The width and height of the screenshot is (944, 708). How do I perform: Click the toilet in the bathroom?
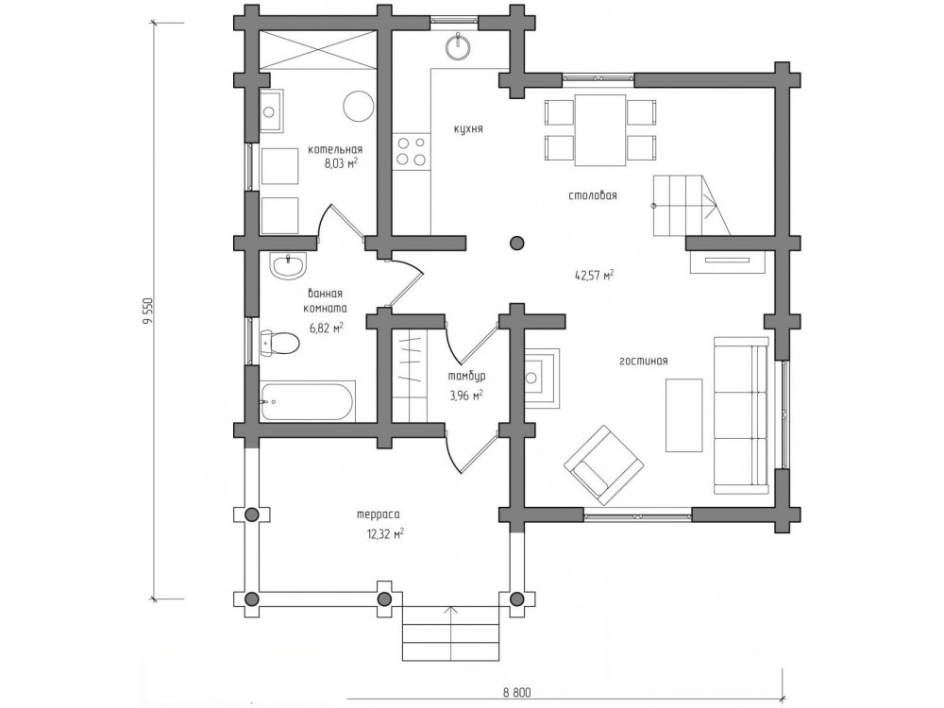279,344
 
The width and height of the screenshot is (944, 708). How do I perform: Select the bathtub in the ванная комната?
307,400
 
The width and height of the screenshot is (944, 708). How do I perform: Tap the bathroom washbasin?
288,265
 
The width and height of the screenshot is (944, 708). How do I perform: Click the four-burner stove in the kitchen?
412,150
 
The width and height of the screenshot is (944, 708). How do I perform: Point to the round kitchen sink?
461,47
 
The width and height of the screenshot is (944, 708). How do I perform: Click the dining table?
600,129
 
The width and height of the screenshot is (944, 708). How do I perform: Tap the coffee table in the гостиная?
683,414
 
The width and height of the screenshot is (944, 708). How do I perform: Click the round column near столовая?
516,243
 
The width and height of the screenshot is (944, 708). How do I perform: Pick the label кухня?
469,128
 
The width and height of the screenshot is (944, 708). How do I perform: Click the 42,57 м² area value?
594,276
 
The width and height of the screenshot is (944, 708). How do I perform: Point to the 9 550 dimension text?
145,312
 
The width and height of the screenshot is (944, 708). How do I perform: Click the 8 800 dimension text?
518,692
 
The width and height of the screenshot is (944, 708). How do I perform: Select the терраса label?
379,514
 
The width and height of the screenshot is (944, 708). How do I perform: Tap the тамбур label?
466,377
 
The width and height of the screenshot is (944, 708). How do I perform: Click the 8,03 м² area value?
341,163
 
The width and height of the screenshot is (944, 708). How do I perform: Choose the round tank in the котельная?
359,107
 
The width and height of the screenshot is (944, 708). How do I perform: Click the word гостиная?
644,362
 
